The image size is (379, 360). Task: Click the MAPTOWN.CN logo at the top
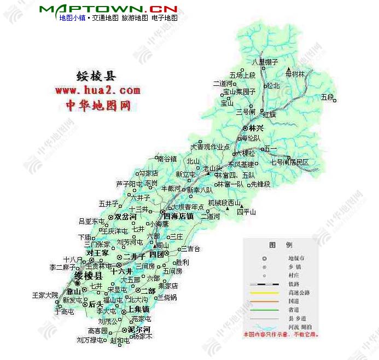coord(108,9)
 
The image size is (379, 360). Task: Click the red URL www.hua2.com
coord(97,90)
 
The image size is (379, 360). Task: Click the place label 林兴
coord(256,127)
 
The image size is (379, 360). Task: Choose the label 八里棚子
coord(265,62)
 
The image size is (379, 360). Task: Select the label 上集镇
coord(138,309)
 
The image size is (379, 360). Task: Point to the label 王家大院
coord(44,295)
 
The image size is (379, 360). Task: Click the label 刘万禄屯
coord(90,340)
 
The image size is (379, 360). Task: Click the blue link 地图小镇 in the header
coord(72,18)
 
